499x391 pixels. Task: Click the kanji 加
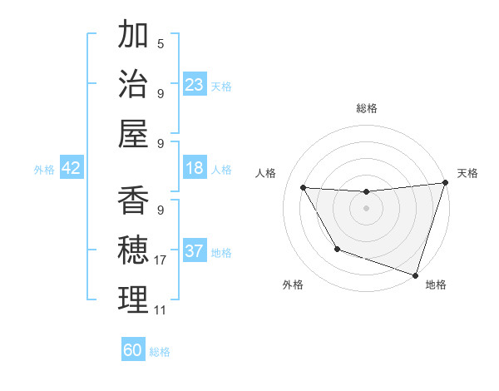(x=133, y=36)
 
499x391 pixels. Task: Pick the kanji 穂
(x=133, y=250)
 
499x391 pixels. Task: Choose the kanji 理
(x=133, y=300)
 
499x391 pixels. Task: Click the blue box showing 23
(x=195, y=84)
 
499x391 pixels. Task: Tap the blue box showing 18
(x=195, y=168)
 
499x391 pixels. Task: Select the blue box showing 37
(x=195, y=251)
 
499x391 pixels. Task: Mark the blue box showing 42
(x=72, y=168)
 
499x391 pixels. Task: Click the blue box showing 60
(x=133, y=350)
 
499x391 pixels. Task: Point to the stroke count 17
(x=161, y=260)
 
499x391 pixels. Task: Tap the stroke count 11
(x=161, y=310)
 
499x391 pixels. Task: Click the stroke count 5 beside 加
(x=161, y=44)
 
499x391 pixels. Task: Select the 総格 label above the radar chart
(x=366, y=108)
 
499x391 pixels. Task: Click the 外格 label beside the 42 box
(x=44, y=170)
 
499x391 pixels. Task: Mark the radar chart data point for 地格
(x=415, y=275)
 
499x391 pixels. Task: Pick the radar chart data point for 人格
(x=303, y=188)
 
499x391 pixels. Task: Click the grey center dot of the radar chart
(x=366, y=208)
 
